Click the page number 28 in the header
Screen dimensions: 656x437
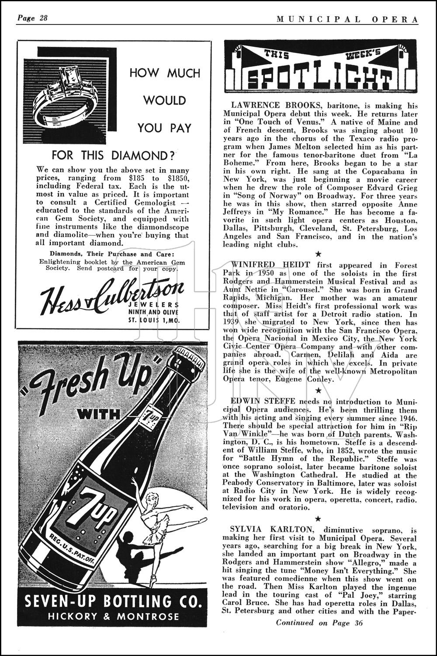[43, 18]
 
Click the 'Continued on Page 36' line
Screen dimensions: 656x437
[319, 623]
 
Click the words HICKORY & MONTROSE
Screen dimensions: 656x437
[113, 617]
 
